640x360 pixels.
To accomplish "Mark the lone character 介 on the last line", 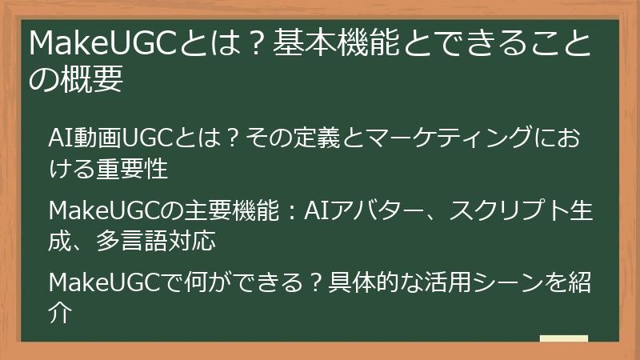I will pyautogui.click(x=62, y=313).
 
